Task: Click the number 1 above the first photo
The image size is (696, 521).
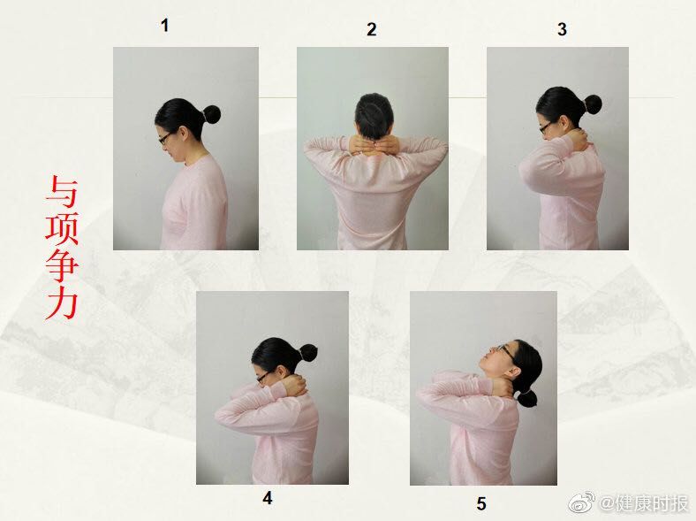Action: pyautogui.click(x=164, y=26)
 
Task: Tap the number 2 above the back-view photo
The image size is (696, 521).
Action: pyautogui.click(x=372, y=29)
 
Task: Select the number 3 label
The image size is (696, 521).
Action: pyautogui.click(x=562, y=29)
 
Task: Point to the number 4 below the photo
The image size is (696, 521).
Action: pyautogui.click(x=268, y=498)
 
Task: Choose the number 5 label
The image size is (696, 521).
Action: pyautogui.click(x=481, y=503)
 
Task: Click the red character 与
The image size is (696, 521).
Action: pyautogui.click(x=62, y=192)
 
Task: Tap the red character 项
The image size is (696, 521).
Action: pyautogui.click(x=62, y=229)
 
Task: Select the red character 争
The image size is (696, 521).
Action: pyautogui.click(x=62, y=266)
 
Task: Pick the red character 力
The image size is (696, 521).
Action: pyautogui.click(x=62, y=303)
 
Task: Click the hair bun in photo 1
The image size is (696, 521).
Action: pyautogui.click(x=211, y=114)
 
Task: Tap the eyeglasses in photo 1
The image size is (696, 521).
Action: pyautogui.click(x=164, y=138)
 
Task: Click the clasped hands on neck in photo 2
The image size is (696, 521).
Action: pyautogui.click(x=374, y=145)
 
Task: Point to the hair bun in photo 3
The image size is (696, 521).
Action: pyautogui.click(x=592, y=104)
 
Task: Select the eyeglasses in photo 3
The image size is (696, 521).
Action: pyautogui.click(x=546, y=127)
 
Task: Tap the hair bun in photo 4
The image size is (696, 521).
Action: pyautogui.click(x=308, y=355)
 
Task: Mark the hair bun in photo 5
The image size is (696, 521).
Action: pyautogui.click(x=528, y=399)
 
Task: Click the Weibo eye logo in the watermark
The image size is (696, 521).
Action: pyautogui.click(x=582, y=502)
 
